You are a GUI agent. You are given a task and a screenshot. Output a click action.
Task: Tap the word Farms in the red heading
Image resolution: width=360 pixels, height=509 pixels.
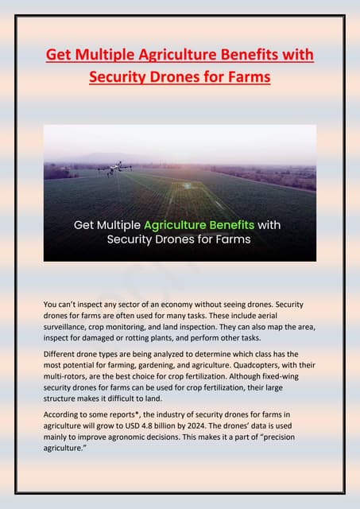click(x=245, y=78)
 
